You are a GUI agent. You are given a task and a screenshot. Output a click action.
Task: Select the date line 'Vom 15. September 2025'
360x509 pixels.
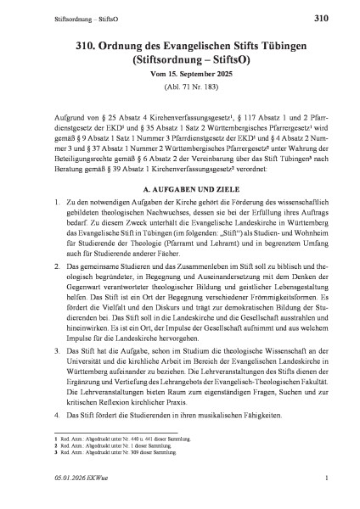click(180, 77)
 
